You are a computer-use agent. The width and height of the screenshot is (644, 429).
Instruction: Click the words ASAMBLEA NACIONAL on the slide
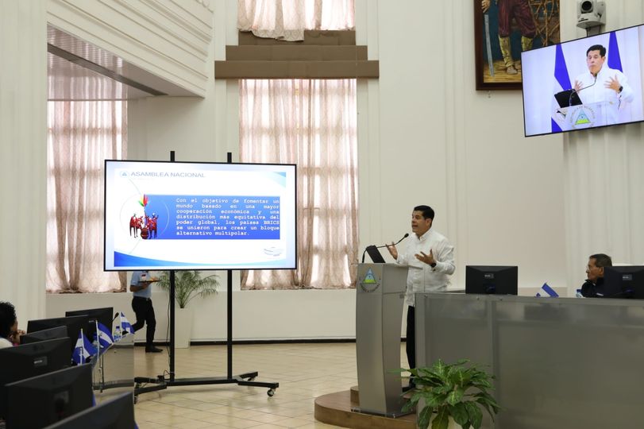tap(167, 174)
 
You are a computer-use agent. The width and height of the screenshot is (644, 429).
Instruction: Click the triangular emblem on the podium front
tap(370, 278)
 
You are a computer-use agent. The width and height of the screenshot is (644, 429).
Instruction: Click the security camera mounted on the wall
tap(590, 12)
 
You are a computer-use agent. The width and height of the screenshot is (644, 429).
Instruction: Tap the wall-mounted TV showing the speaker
tap(583, 79)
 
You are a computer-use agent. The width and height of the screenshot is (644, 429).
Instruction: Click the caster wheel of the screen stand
tap(272, 391)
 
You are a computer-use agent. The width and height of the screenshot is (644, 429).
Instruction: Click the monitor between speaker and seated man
tap(491, 280)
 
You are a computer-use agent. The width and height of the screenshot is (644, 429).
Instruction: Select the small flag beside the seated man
tap(548, 291)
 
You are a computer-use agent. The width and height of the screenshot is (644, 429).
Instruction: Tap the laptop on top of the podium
tap(374, 254)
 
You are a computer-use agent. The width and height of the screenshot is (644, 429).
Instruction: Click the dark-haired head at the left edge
tap(7, 319)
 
